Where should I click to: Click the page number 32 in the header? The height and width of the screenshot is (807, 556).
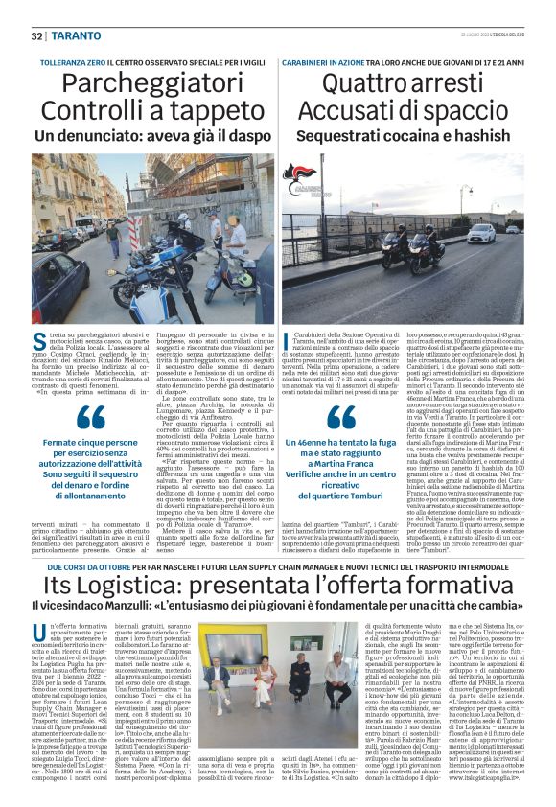point(36,35)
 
